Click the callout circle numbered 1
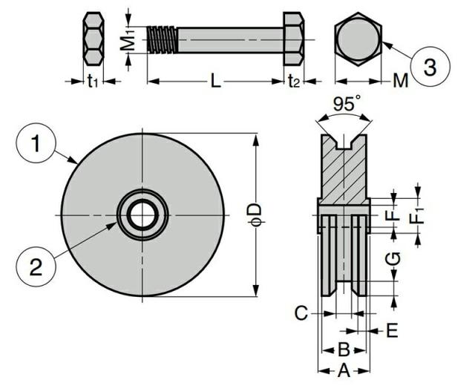pyautogui.click(x=36, y=143)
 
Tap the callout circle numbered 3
pyautogui.click(x=430, y=66)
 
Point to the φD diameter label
pyautogui.click(x=254, y=215)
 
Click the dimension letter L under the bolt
pyautogui.click(x=215, y=81)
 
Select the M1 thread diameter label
pyautogui.click(x=129, y=39)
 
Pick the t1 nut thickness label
pyautogui.click(x=93, y=81)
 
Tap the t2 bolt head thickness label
pyautogui.click(x=294, y=81)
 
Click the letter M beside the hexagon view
pyautogui.click(x=400, y=81)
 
